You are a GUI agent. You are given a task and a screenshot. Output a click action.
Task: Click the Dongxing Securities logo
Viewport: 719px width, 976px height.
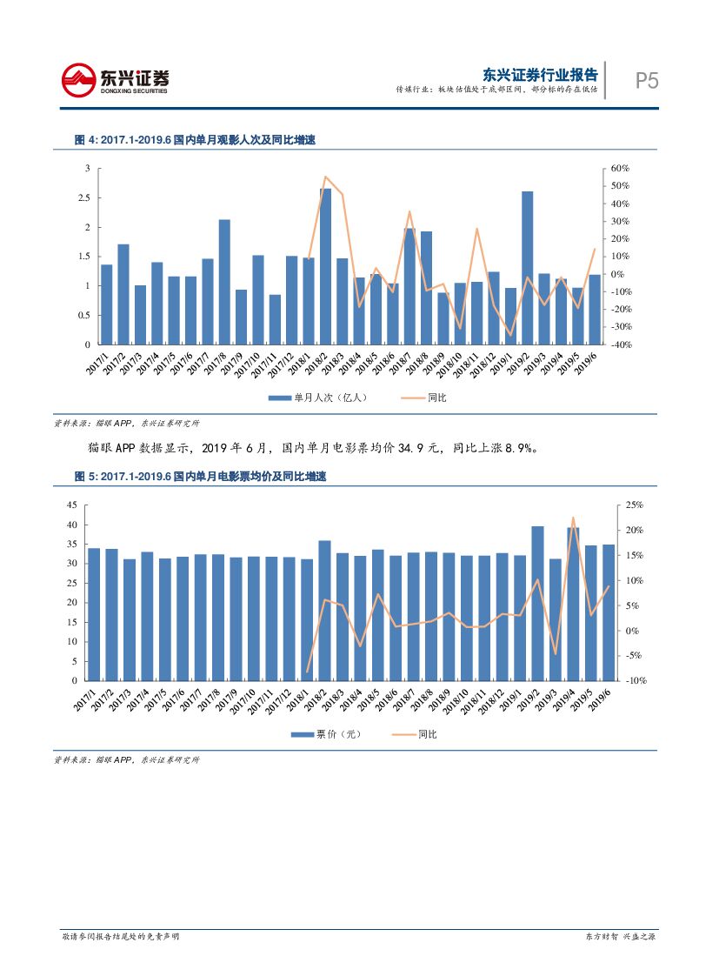pos(115,80)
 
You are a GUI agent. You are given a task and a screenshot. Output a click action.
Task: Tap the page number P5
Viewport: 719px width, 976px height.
pos(646,81)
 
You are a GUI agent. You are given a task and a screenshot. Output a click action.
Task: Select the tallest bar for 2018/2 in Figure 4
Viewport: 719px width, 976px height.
pos(325,266)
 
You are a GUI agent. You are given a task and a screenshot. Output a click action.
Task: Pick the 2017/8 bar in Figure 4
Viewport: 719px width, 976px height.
pos(224,282)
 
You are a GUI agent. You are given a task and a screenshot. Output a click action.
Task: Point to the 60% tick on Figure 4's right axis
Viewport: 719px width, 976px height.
pos(619,169)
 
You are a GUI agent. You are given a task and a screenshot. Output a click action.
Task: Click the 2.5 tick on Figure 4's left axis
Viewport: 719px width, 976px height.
pos(84,198)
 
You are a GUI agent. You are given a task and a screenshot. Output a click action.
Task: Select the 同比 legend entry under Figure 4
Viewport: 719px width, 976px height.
pos(426,398)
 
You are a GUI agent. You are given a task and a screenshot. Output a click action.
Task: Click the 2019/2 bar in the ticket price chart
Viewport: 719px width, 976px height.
pos(537,603)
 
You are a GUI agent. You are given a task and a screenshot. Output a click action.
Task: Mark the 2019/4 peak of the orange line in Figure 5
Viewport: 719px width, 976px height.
pos(573,518)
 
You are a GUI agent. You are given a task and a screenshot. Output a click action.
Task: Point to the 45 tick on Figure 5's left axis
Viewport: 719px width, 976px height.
pos(72,505)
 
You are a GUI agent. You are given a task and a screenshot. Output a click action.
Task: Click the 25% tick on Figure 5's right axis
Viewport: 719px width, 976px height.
pos(634,505)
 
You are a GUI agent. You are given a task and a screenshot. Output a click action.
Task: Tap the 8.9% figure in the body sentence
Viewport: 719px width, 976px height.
pos(520,449)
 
